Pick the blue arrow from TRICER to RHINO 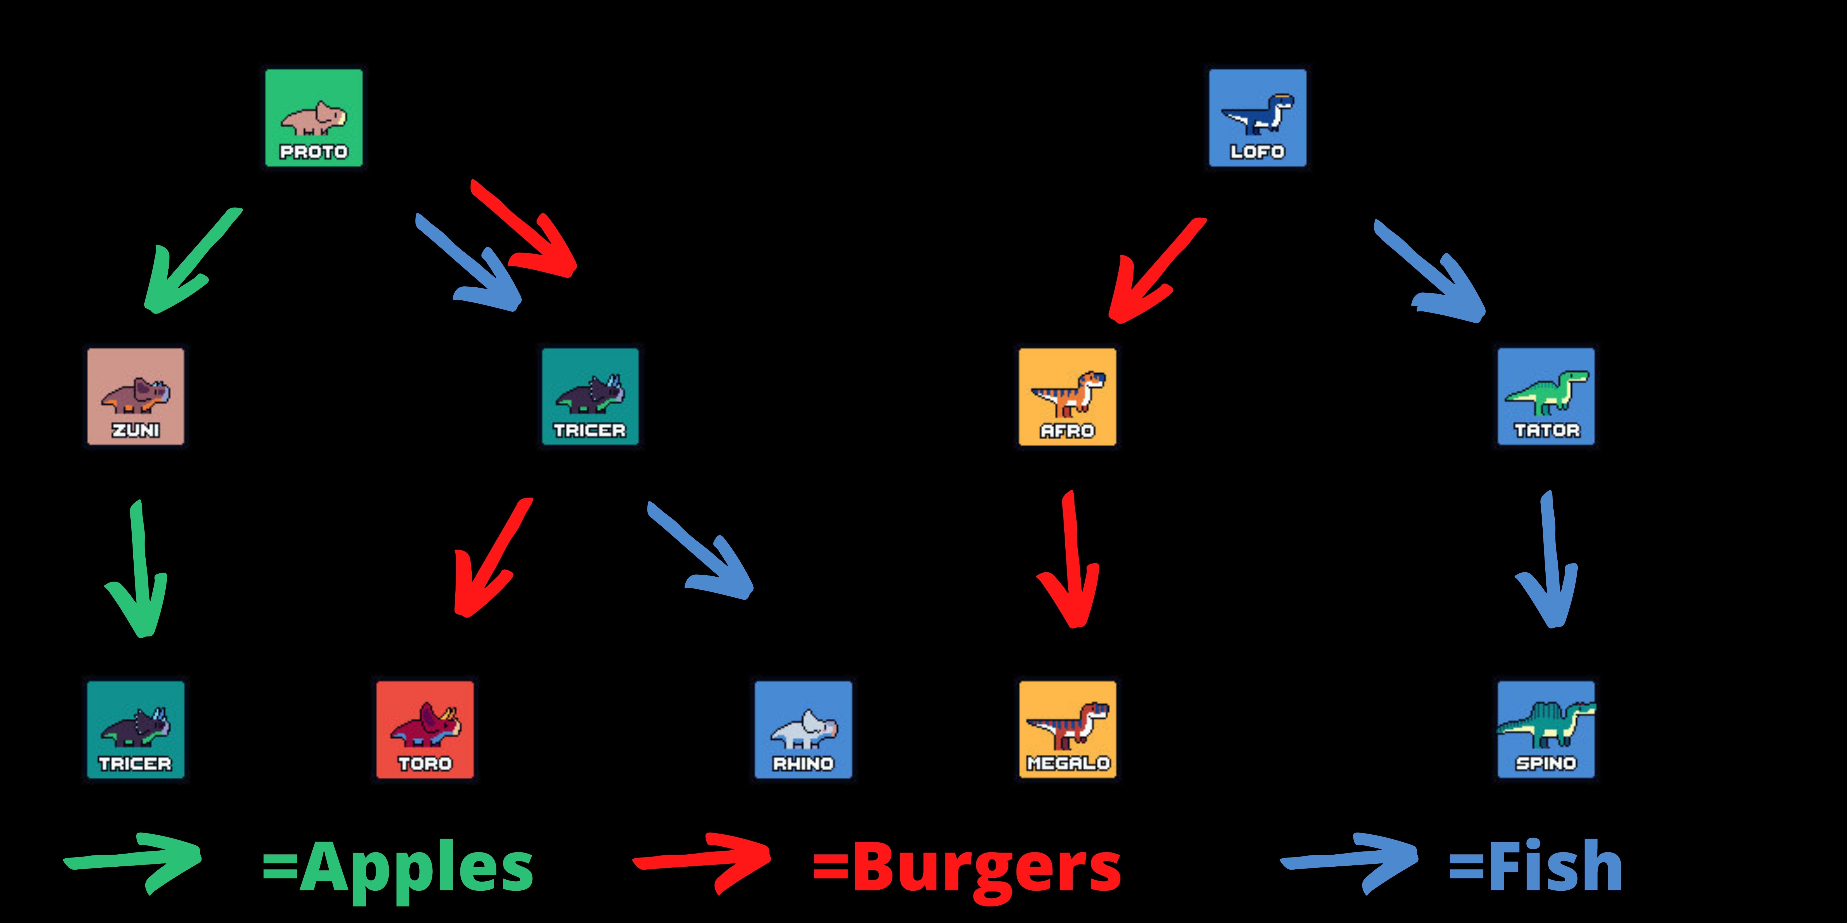coord(703,552)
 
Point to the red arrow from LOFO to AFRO coord(1154,272)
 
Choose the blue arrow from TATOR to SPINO coord(1549,566)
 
